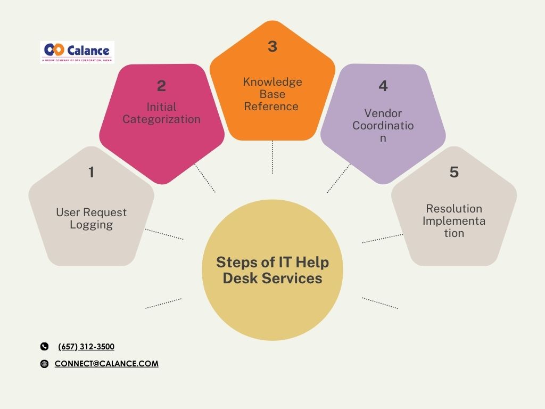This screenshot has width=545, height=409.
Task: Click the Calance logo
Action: [x=77, y=52]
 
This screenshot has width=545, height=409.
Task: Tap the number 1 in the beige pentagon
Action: [x=91, y=173]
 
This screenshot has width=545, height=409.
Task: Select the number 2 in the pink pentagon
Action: [x=161, y=86]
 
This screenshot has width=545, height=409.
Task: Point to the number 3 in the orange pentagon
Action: [x=272, y=47]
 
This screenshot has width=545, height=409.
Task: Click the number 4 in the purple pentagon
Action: [x=383, y=86]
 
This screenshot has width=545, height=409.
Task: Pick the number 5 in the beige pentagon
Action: [x=454, y=173]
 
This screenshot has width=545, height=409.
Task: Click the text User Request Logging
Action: [x=91, y=218]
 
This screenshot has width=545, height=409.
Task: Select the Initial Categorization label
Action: [x=161, y=113]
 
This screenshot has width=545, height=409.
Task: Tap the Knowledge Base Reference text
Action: [x=272, y=94]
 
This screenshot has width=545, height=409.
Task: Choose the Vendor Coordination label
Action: [x=383, y=125]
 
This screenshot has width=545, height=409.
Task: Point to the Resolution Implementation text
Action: [x=454, y=220]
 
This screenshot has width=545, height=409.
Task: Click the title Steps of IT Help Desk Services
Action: [x=272, y=270]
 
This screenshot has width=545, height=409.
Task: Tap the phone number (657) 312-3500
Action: [x=86, y=347]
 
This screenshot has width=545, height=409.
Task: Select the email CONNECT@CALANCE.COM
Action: [x=106, y=364]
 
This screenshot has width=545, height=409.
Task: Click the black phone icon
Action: [x=44, y=347]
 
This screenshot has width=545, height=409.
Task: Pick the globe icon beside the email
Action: [x=44, y=364]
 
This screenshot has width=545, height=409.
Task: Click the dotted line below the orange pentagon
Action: [x=272, y=157]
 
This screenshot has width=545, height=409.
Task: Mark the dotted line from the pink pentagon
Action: [x=205, y=178]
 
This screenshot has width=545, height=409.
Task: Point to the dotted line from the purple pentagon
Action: [x=339, y=178]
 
